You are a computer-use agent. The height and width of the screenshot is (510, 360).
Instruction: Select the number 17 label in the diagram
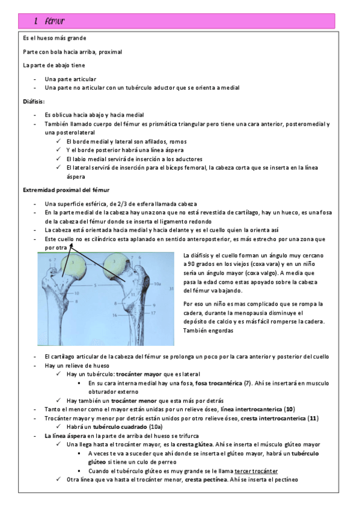pos(153,313)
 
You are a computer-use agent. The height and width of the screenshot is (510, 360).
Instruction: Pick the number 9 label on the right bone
pos(153,304)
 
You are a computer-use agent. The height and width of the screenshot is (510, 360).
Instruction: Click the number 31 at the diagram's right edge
pos(172,289)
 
